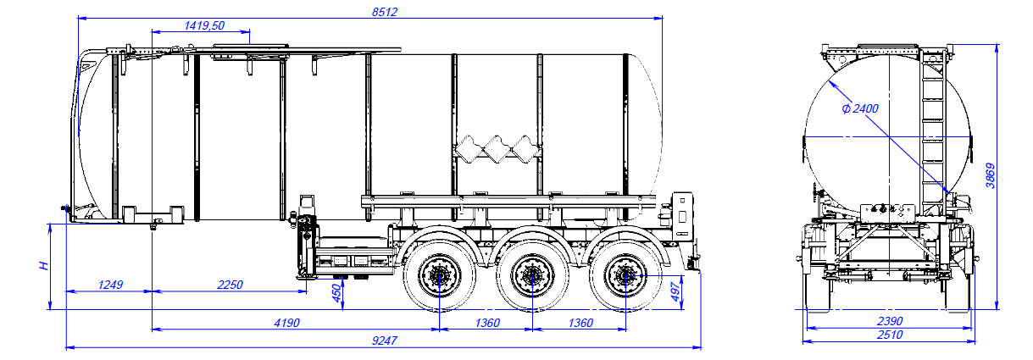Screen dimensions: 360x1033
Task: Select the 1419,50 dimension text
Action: pyautogui.click(x=204, y=26)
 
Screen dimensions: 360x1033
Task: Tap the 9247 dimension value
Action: pyautogui.click(x=385, y=341)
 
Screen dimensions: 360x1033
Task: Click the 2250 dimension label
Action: pyautogui.click(x=229, y=285)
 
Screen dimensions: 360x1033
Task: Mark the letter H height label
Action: pyautogui.click(x=42, y=266)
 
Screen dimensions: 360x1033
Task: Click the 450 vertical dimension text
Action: pyautogui.click(x=336, y=293)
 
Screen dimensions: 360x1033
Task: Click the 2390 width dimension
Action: pyautogui.click(x=889, y=321)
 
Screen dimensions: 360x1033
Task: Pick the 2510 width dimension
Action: pyautogui.click(x=889, y=335)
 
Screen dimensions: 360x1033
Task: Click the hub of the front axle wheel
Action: pyautogui.click(x=439, y=276)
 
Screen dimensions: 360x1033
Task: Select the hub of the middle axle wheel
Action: pyautogui.click(x=531, y=276)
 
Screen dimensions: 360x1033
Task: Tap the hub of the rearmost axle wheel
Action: pyautogui.click(x=624, y=276)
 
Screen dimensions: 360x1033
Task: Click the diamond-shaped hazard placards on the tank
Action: pyautogui.click(x=497, y=150)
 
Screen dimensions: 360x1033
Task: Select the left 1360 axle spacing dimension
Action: pyautogui.click(x=486, y=323)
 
